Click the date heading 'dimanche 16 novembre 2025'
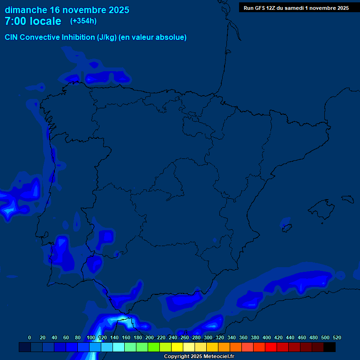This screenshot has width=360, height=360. point(67,10)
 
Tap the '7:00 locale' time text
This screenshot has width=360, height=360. point(33,21)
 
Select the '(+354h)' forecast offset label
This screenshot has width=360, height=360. point(83,21)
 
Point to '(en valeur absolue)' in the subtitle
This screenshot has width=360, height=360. point(153,37)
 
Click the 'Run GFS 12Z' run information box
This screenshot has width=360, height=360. point(296,8)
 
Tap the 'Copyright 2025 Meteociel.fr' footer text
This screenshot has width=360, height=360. point(199,356)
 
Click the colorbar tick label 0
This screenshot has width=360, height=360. point(30,337)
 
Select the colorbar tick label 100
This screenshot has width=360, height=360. point(91,337)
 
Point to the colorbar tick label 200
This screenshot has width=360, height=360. point(150,337)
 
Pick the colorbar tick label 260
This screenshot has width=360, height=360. point(185,337)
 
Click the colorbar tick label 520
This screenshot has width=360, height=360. point(337,337)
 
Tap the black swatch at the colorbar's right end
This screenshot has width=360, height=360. point(330,347)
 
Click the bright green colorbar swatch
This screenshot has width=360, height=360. point(154,347)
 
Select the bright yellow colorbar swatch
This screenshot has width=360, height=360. point(177,347)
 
